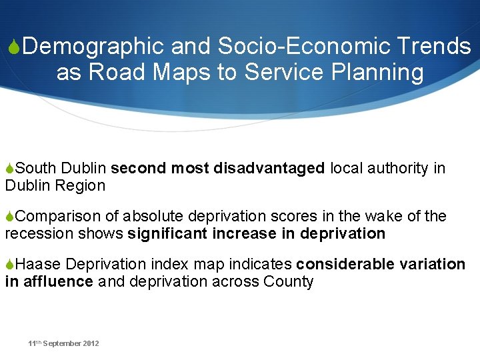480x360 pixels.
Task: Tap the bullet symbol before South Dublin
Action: pos(9,169)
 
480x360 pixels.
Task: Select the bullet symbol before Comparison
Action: pos(9,217)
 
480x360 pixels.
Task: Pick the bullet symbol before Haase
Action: pos(9,265)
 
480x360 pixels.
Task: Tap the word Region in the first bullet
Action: pos(83,186)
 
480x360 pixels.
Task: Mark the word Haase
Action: pos(39,265)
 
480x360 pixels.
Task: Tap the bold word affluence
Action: pos(58,282)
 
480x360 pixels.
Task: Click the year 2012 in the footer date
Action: pos(91,343)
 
